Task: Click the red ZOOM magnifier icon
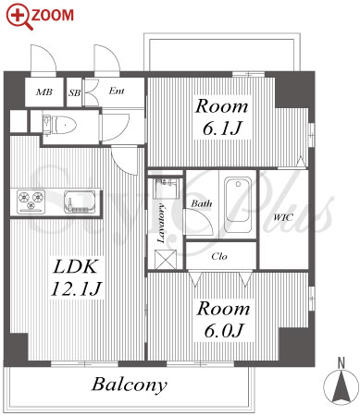pos(19,18)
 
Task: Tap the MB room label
pos(44,92)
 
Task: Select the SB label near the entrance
pos(74,92)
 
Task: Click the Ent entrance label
pos(117,91)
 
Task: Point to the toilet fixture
pos(60,126)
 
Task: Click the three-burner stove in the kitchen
pos(31,202)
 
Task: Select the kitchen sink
pos(80,202)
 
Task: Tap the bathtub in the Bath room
pos(238,204)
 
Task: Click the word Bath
pos(202,203)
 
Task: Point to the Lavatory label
pos(161,223)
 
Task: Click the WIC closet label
pos(283,217)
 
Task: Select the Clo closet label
pos(219,256)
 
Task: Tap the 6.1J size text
pos(221,128)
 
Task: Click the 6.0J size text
pos(224,331)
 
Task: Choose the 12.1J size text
pos(76,288)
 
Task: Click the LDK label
pos(76,266)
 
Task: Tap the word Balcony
pos(130,385)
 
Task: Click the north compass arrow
pos(341,386)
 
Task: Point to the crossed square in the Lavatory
pos(166,259)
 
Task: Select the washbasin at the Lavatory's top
pos(165,189)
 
